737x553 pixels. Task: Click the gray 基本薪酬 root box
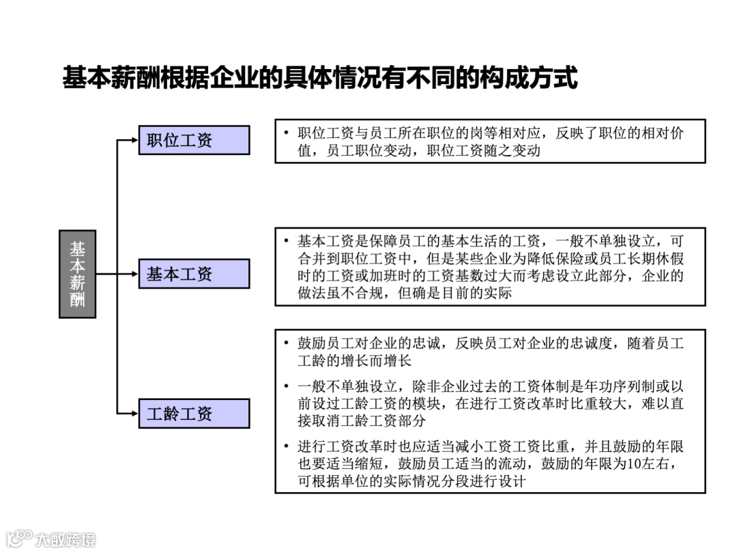[77, 274]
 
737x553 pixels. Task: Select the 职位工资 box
[194, 140]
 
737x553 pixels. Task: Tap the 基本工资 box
[194, 274]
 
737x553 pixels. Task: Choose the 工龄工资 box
[194, 413]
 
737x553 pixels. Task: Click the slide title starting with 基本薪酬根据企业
[320, 78]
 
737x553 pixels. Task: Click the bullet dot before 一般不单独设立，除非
[287, 386]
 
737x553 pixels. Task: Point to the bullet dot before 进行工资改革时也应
[287, 447]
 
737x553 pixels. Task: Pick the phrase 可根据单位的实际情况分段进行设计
[411, 481]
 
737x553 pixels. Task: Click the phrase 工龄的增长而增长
[355, 360]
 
